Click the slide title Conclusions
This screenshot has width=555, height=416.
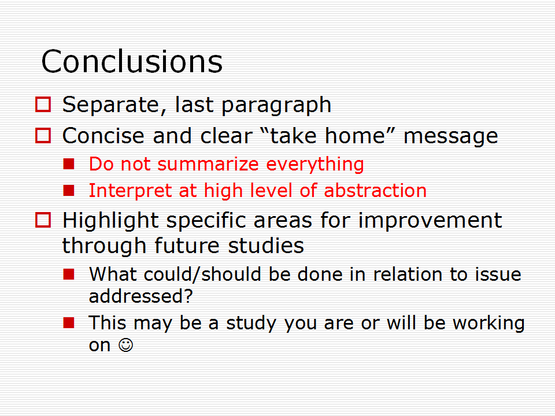(132, 62)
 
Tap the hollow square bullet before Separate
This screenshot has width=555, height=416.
(43, 105)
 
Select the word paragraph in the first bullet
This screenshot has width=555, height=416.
(276, 105)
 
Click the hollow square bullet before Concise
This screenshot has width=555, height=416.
(43, 135)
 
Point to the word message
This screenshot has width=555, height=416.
(450, 136)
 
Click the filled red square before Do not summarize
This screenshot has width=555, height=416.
(69, 164)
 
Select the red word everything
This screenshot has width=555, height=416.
(314, 165)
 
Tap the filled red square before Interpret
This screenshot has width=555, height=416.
(69, 191)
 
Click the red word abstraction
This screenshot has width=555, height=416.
(375, 191)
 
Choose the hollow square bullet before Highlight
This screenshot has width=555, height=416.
(43, 220)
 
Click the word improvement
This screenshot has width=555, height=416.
(430, 221)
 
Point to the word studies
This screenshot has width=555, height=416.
(266, 246)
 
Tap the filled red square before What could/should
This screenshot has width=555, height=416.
(69, 274)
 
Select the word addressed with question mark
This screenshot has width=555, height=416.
(141, 296)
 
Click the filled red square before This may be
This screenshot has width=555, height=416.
(69, 322)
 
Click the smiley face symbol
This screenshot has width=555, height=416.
(125, 345)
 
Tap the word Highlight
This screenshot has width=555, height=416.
(110, 221)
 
